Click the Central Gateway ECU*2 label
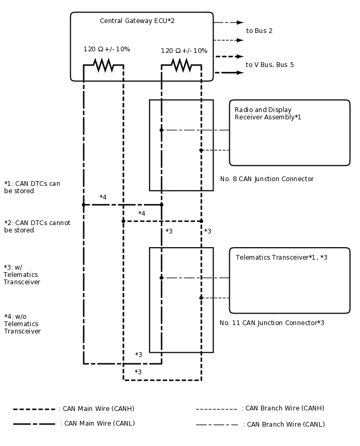(137, 21)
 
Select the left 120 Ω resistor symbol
(104, 65)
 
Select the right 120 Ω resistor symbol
(181, 65)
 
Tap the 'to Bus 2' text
(259, 31)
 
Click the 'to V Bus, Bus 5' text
(269, 65)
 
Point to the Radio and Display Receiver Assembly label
(267, 114)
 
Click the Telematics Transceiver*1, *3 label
(281, 258)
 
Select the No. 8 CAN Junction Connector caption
(266, 179)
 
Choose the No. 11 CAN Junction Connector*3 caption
(272, 323)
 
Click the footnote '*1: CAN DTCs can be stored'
(32, 187)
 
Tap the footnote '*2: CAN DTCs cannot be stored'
(37, 227)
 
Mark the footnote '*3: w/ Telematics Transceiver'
(21, 274)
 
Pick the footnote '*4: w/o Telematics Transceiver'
(22, 324)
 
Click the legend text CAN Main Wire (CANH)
(97, 409)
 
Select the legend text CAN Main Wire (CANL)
(97, 423)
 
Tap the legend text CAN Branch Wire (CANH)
(283, 408)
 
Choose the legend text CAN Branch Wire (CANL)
(284, 425)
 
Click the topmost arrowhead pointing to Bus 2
(241, 23)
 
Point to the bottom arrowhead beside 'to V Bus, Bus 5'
(241, 73)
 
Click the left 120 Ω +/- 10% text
(107, 49)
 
